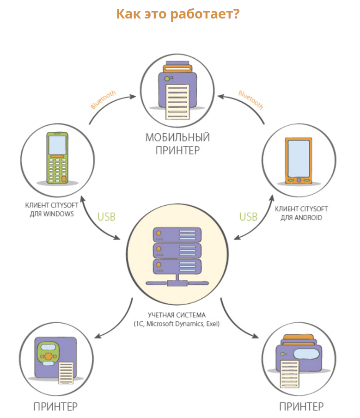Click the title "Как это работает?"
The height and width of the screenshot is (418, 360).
[x=178, y=14]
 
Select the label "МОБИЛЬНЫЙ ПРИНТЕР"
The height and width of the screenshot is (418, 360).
[x=177, y=144]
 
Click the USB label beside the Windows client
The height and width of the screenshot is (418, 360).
[x=106, y=217]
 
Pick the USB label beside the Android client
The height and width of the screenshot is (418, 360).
[x=248, y=217]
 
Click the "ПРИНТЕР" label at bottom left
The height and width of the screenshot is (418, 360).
[x=55, y=406]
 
